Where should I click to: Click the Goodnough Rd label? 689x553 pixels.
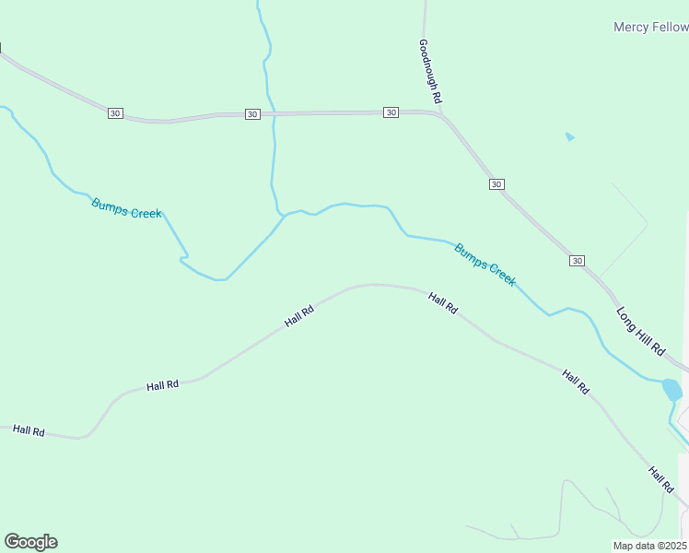430,70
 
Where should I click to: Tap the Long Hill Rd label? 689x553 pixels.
640,332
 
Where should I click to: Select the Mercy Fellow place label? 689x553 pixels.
650,27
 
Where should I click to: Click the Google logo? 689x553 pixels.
30,542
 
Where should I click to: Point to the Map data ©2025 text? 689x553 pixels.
650,546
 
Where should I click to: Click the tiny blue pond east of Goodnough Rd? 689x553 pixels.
570,137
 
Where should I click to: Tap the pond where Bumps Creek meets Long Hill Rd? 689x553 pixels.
672,389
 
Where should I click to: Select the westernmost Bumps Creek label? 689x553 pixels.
126,207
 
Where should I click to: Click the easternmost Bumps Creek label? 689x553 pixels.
485,265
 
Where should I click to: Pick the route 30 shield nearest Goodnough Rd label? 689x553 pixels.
391,112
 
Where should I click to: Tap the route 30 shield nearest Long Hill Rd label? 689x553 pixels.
577,261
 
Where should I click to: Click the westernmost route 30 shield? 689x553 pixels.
114,112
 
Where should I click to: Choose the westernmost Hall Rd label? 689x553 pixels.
29,430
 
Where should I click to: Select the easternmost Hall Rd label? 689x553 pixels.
660,478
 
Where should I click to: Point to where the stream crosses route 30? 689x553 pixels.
274,114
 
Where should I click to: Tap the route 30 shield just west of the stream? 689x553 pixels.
252,114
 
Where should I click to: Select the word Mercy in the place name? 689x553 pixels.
632,27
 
